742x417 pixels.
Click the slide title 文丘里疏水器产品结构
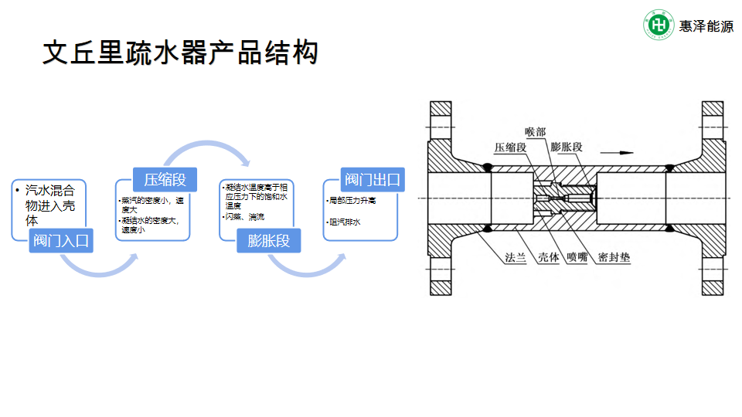tap(179, 53)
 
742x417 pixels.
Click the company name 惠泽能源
tap(706, 25)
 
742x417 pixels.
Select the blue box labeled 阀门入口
tap(61, 240)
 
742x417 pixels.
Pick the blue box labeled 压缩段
tap(165, 180)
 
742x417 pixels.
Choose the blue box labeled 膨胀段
tap(268, 240)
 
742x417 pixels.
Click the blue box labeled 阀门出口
tap(373, 180)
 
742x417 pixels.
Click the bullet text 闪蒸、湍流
tap(245, 217)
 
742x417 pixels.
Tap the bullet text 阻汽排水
tap(345, 222)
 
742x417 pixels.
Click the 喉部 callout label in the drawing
tap(535, 132)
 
